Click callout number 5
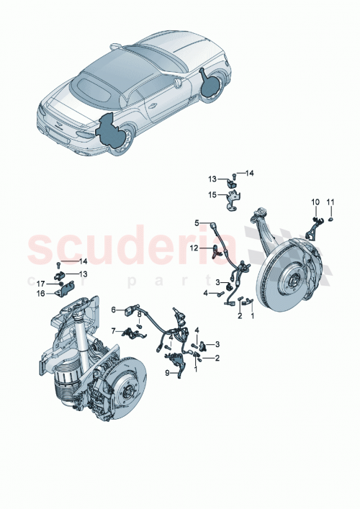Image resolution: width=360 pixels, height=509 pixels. pyautogui.click(x=195, y=223)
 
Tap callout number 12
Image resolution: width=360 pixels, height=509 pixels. pyautogui.click(x=193, y=248)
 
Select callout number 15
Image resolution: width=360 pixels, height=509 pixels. pyautogui.click(x=213, y=194)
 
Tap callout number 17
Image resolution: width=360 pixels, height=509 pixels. pyautogui.click(x=41, y=284)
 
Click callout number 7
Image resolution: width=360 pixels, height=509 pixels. pyautogui.click(x=113, y=331)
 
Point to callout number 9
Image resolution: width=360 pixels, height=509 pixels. pyautogui.click(x=167, y=372)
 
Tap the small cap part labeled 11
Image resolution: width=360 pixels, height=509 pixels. pyautogui.click(x=330, y=218)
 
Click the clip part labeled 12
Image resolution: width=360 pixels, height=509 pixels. pyautogui.click(x=217, y=251)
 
